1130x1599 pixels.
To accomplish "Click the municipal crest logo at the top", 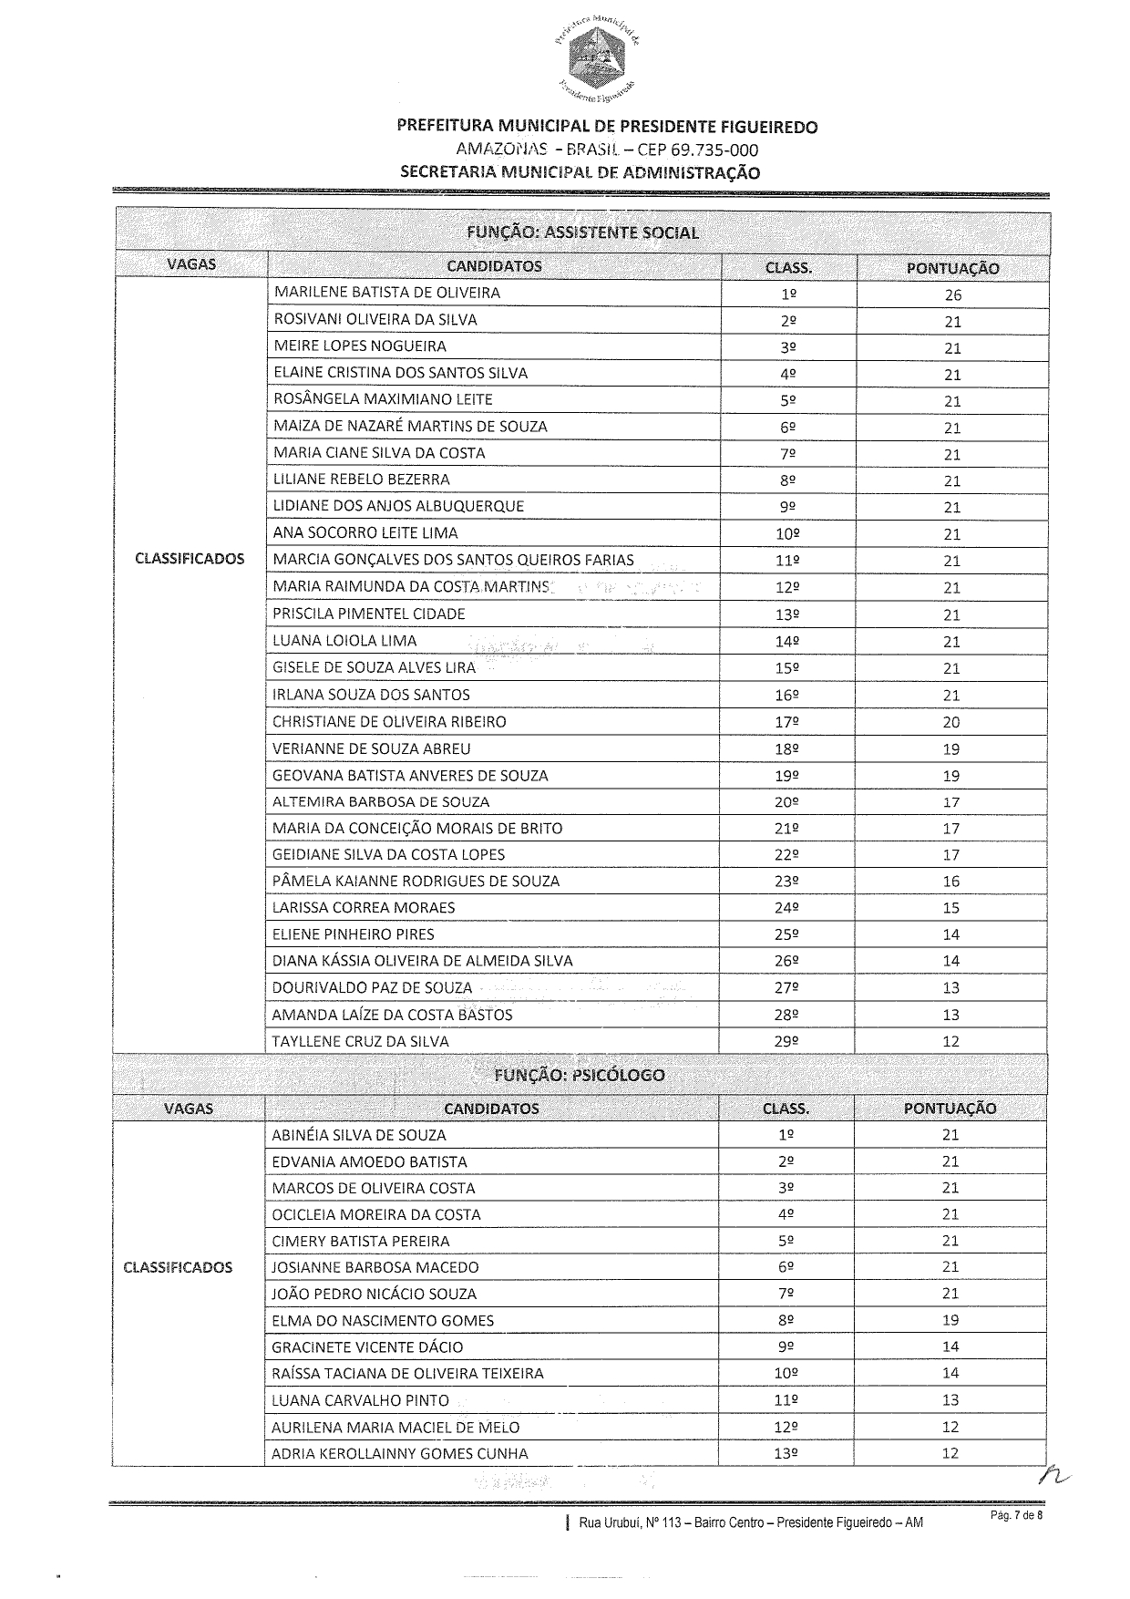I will pyautogui.click(x=593, y=57).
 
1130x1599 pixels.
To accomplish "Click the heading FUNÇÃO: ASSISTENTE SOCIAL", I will pyautogui.click(x=582, y=232).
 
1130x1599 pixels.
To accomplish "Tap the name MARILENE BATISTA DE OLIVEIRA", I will pyautogui.click(x=386, y=293).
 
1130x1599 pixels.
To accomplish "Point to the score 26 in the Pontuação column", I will pyautogui.click(x=952, y=295).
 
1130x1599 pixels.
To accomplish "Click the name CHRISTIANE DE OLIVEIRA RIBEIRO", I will pyautogui.click(x=389, y=722).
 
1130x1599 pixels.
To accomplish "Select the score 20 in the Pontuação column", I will pyautogui.click(x=951, y=722).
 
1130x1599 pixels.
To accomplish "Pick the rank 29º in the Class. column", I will pyautogui.click(x=786, y=1041).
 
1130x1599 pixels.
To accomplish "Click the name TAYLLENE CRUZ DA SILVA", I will pyautogui.click(x=360, y=1041).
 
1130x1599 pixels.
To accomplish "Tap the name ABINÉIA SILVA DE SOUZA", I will pyautogui.click(x=358, y=1135).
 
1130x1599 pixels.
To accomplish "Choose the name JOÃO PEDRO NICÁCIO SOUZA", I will pyautogui.click(x=374, y=1294).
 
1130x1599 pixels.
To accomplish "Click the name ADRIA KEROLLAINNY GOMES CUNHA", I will pyautogui.click(x=399, y=1453).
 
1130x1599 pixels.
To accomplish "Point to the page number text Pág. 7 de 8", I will pyautogui.click(x=1016, y=1515).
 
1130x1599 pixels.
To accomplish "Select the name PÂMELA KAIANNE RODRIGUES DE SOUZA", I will pyautogui.click(x=416, y=882).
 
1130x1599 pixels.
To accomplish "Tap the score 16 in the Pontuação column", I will pyautogui.click(x=951, y=882).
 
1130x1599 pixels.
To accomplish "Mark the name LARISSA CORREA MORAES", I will pyautogui.click(x=364, y=908).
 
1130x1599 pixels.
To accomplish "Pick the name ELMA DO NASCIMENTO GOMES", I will pyautogui.click(x=383, y=1320).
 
